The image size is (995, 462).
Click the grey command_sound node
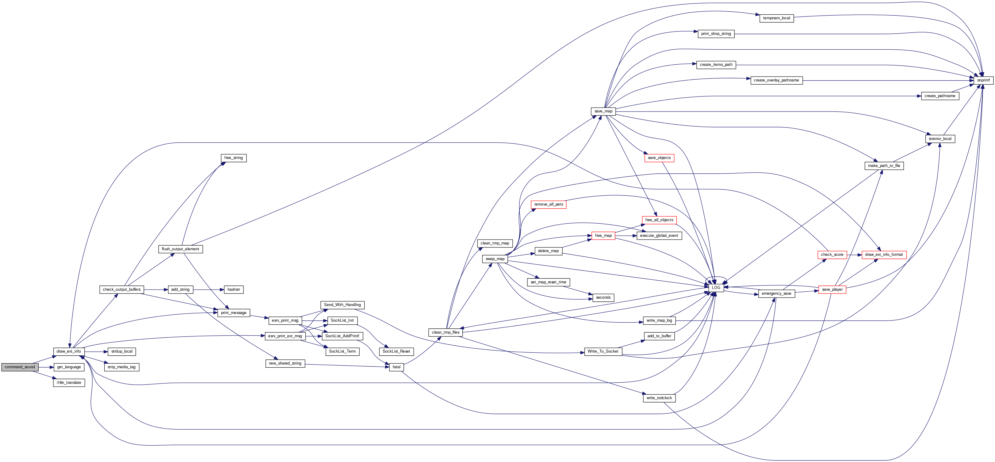[20, 367]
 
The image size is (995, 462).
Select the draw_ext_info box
[69, 351]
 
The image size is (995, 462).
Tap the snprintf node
[983, 80]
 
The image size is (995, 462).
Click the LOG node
[716, 288]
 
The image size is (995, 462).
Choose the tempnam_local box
[776, 18]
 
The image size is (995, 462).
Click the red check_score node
[832, 255]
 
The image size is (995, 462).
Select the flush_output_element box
[180, 249]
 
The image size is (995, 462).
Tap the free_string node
[233, 158]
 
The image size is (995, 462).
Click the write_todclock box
[659, 398]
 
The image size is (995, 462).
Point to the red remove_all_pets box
[549, 205]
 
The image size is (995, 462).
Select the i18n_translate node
[69, 382]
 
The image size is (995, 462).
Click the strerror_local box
[940, 138]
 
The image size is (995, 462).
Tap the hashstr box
[234, 290]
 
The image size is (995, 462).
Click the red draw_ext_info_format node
[884, 255]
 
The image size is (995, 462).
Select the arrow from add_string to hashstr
[209, 290]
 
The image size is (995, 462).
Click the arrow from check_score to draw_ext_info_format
[854, 255]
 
